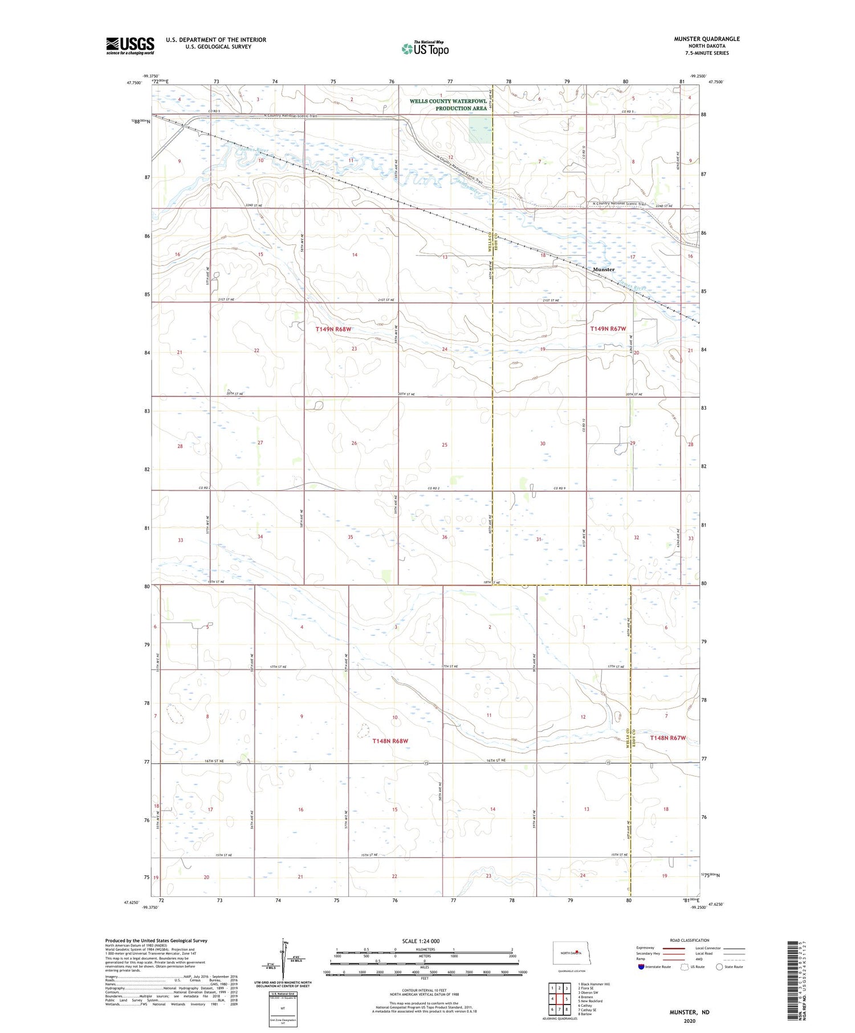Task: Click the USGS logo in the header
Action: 130,46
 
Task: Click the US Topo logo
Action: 425,49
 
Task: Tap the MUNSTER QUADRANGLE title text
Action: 707,39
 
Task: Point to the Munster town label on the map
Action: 604,270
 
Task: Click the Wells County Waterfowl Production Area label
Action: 448,105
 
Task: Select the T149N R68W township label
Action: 334,329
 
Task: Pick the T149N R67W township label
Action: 608,329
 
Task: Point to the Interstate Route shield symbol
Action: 641,966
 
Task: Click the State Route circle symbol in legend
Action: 719,966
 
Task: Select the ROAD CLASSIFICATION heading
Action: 690,940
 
